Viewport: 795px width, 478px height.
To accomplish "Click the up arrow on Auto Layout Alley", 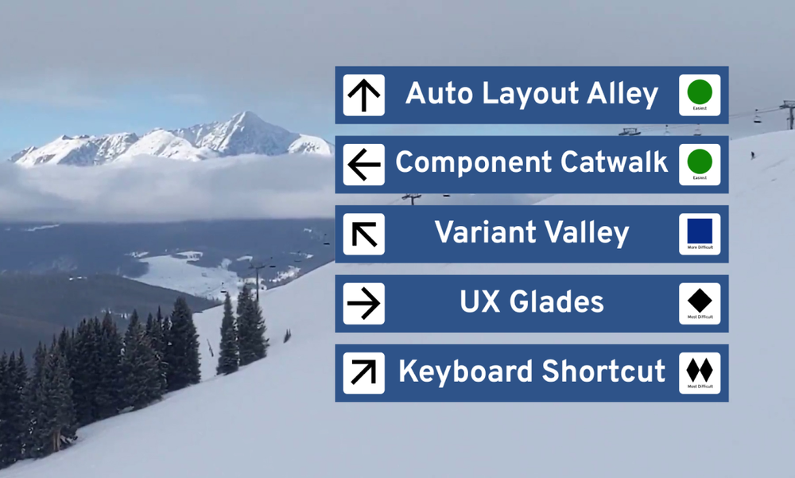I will coord(364,95).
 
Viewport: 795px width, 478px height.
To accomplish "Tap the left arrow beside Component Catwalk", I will coord(364,165).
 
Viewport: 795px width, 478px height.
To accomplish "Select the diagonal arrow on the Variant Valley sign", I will coord(364,234).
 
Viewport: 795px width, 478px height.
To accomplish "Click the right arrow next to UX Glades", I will coord(364,303).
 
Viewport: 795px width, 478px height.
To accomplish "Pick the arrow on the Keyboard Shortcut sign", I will coord(364,372).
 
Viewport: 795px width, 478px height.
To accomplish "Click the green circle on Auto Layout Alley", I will coord(700,92).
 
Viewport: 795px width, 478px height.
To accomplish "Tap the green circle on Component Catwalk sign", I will coord(700,161).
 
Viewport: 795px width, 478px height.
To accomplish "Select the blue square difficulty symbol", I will coord(700,231).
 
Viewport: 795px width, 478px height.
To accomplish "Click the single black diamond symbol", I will coord(700,300).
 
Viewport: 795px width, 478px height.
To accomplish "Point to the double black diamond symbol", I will coord(700,369).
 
